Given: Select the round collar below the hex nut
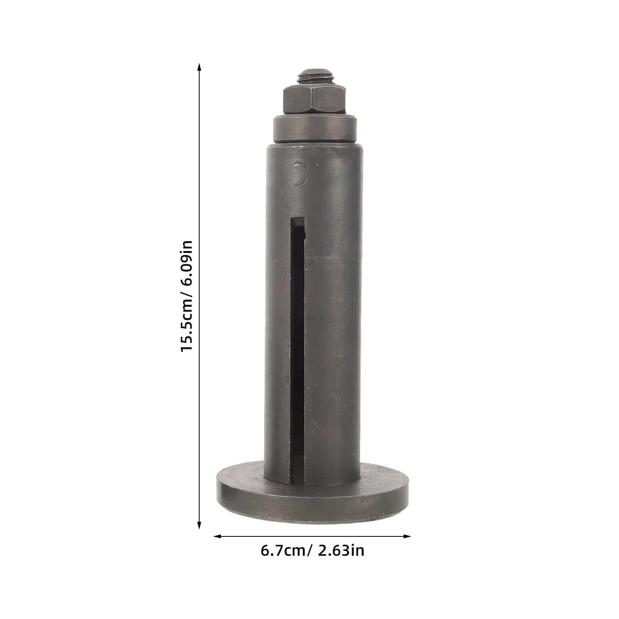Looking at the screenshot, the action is (x=315, y=129).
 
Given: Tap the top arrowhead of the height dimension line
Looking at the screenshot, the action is (x=200, y=67).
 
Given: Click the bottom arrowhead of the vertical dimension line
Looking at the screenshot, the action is (x=200, y=525).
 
